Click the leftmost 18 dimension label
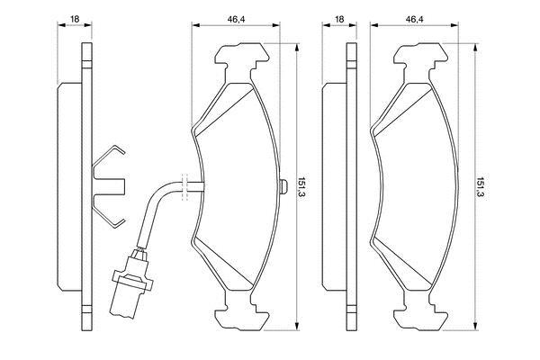pos(75,19)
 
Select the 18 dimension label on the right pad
pos(339,19)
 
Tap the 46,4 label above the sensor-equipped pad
pos(236,19)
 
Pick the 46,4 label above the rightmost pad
pos(414,19)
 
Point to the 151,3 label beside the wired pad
pos(302,188)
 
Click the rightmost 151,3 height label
pos(481,188)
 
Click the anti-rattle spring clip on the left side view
pos(109,186)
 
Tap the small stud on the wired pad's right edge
pos(284,186)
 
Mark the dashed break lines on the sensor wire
pos(184,186)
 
